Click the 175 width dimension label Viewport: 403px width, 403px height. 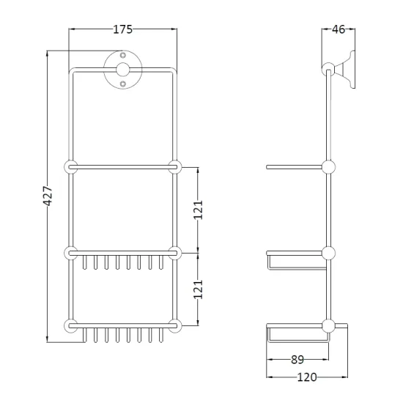point(123,29)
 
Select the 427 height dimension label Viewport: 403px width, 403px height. point(48,196)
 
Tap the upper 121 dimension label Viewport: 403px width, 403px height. point(198,210)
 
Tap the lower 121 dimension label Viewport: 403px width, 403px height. point(198,289)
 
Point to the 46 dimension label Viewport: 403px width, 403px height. point(339,29)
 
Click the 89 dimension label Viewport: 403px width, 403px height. point(297,360)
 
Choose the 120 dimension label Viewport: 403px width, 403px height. point(307,377)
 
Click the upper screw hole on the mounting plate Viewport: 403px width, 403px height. point(123,55)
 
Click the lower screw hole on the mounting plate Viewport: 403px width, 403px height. point(123,84)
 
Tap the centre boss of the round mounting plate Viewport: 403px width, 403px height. point(123,70)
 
